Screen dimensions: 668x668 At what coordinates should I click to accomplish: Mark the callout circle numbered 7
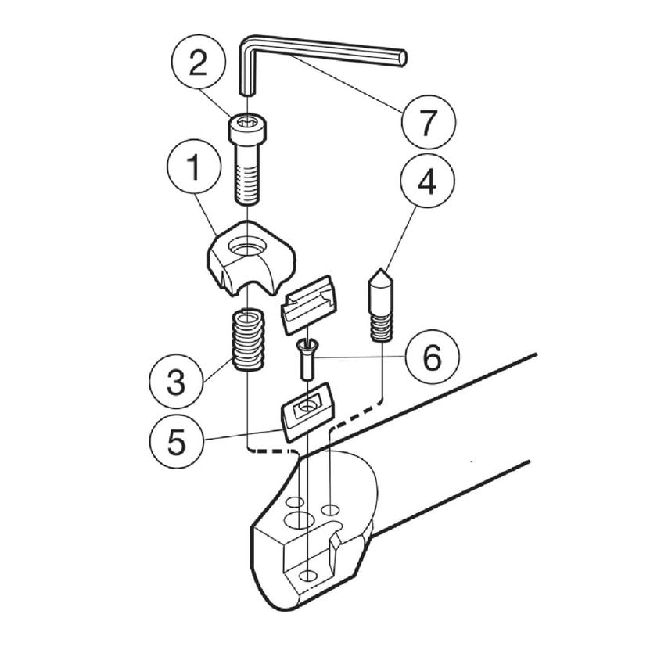point(429,121)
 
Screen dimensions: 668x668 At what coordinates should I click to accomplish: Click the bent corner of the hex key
point(249,43)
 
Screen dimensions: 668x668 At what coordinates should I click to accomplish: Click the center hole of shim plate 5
point(305,407)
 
